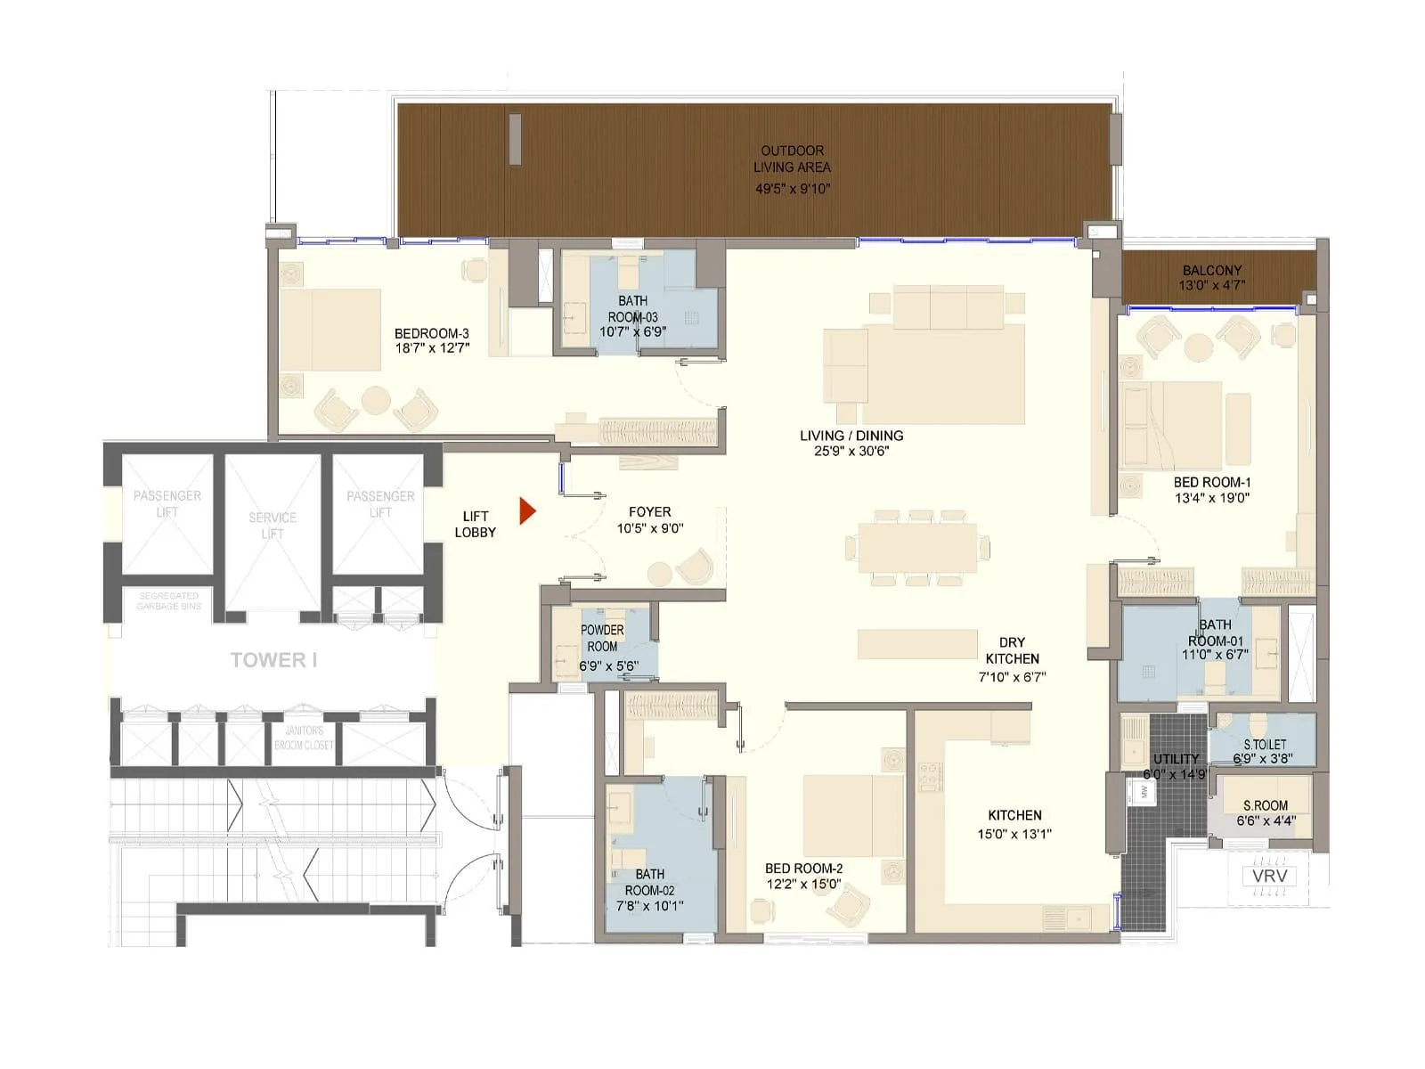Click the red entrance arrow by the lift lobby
(x=527, y=511)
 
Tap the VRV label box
(x=1269, y=876)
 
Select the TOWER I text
(x=273, y=660)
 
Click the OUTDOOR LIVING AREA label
(x=792, y=159)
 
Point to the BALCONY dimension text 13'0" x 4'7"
(x=1211, y=286)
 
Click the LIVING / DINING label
(x=851, y=436)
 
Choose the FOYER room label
(x=649, y=512)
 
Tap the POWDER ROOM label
(x=602, y=638)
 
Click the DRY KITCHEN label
(x=1012, y=650)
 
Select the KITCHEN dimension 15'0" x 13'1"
(x=1014, y=835)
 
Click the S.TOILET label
(x=1265, y=744)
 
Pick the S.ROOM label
(x=1266, y=805)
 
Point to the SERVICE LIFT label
(x=273, y=526)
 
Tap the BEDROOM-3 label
(x=432, y=334)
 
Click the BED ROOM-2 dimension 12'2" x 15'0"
(x=803, y=885)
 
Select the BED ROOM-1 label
(x=1212, y=483)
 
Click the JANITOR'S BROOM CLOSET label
(x=304, y=738)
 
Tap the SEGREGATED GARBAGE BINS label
(x=168, y=600)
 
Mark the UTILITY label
(x=1176, y=759)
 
